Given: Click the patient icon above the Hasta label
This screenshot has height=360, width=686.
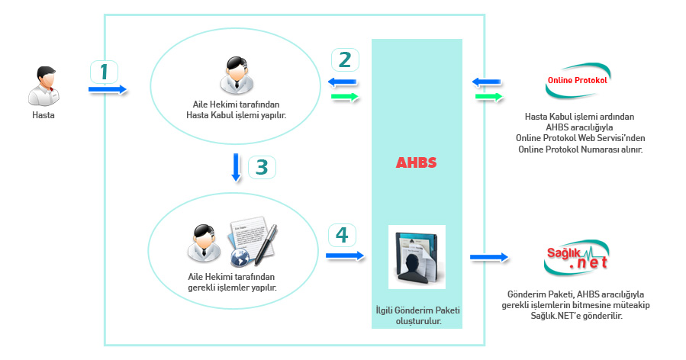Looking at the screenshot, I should (x=43, y=85).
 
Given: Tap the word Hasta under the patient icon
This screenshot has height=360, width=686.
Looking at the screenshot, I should (x=43, y=115).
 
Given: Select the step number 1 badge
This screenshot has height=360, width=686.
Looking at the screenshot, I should (x=105, y=72).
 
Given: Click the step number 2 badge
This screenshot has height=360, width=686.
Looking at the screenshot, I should (x=345, y=59).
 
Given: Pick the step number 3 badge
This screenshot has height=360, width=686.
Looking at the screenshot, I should (x=261, y=167).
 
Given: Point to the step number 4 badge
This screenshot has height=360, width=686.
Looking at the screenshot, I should (x=341, y=235).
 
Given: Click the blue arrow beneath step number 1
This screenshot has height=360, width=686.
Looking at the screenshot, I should (x=107, y=90).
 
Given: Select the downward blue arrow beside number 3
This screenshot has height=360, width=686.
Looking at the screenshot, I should (x=237, y=168).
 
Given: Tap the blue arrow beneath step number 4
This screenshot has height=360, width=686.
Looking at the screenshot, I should (x=346, y=256).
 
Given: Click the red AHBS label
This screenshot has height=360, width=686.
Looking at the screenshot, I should (x=416, y=163).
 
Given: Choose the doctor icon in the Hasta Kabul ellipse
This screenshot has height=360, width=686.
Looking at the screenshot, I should (x=237, y=74).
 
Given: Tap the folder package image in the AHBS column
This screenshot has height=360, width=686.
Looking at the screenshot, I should (x=417, y=257).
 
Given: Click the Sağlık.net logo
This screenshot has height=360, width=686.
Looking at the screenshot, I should (x=577, y=257).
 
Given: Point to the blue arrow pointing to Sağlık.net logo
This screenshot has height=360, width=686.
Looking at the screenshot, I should (x=489, y=257).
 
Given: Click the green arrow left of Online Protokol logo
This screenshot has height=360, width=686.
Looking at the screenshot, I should (x=488, y=97).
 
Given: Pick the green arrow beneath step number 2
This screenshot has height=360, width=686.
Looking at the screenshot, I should (x=344, y=97).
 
